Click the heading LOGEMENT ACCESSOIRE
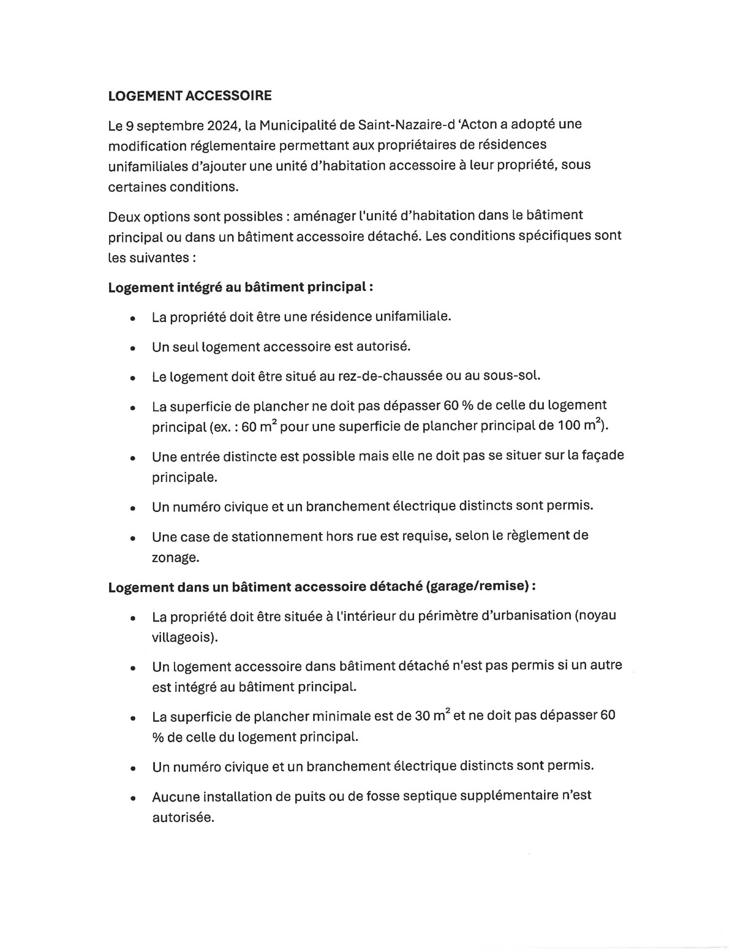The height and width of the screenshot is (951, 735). (190, 96)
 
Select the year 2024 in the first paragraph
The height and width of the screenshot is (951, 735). (224, 126)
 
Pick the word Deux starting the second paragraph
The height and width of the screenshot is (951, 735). (124, 216)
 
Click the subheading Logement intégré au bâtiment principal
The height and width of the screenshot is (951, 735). (240, 287)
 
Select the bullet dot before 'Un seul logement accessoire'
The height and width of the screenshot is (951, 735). (132, 347)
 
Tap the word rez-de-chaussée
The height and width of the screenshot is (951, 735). (391, 375)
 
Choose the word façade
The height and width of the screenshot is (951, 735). (601, 456)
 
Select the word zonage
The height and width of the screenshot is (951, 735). (175, 557)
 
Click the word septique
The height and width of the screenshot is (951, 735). (432, 796)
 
